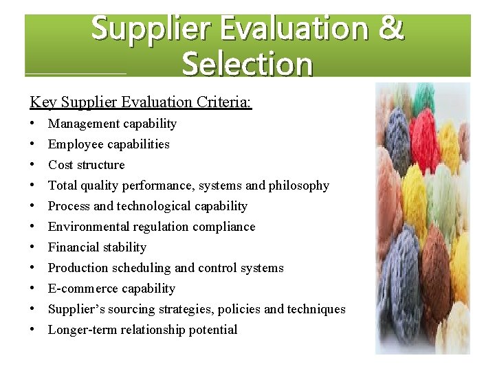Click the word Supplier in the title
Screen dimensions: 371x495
[x=153, y=30]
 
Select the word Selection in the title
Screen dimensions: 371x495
[x=247, y=64]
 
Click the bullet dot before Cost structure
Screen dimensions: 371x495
[x=33, y=165]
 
